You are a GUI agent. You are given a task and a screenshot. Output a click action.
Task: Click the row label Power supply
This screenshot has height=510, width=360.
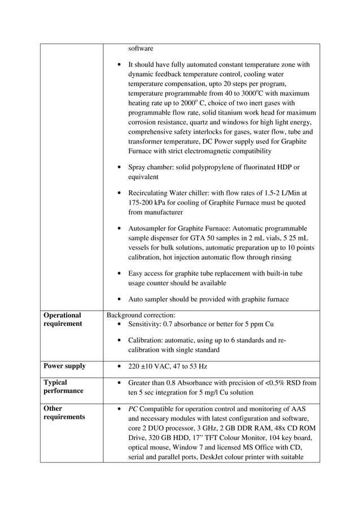click(x=65, y=366)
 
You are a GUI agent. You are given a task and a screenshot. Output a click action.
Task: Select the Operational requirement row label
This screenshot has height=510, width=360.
click(x=63, y=320)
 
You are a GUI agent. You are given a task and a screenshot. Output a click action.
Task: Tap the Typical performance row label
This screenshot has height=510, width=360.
click(x=63, y=387)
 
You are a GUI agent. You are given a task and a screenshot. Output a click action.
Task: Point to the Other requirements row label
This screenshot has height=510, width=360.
click(x=63, y=413)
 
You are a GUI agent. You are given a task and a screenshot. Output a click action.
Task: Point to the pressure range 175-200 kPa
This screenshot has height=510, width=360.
click(x=151, y=202)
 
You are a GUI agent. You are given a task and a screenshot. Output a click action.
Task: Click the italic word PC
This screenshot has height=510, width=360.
click(x=133, y=408)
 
